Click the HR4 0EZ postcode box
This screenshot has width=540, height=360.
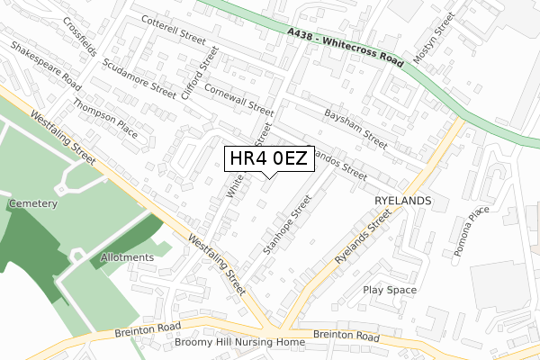point(268,158)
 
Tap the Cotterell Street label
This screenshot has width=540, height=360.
point(174,33)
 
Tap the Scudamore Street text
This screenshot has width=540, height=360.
point(139,77)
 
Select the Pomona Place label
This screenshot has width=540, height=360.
point(472,231)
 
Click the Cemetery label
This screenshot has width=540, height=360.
point(33,204)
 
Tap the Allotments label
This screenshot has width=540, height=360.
point(127,257)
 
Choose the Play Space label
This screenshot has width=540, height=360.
point(390,290)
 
